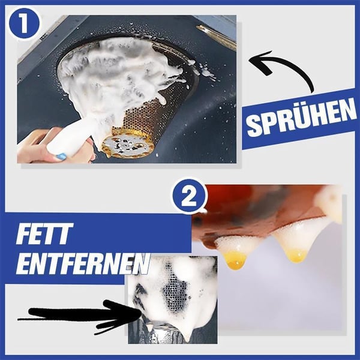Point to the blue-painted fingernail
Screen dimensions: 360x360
pos(61,156)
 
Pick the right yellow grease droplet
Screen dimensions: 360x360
pos(295,254)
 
